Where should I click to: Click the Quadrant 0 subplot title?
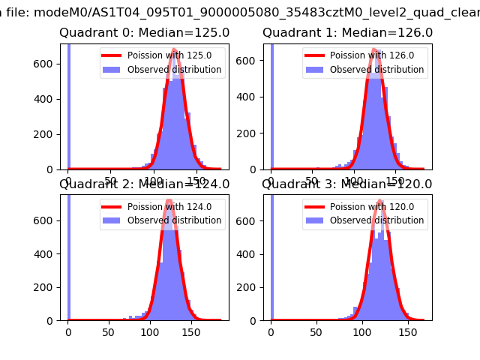[x=144, y=33]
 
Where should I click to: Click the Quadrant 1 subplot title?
[x=347, y=33]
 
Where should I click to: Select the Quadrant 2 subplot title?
[x=144, y=184]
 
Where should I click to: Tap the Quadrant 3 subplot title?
[x=347, y=184]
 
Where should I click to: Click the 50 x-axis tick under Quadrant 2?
[x=109, y=332]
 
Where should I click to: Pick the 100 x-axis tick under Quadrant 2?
[x=150, y=332]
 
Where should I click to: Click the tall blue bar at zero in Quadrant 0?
[x=68, y=105]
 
